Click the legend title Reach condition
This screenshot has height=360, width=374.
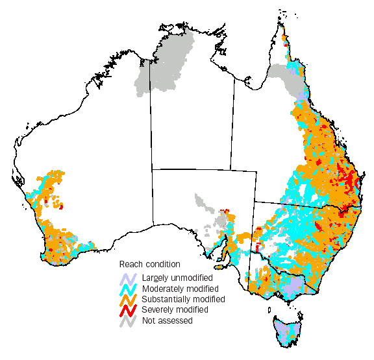(x=150, y=264)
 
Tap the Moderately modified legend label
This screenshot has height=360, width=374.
(x=180, y=289)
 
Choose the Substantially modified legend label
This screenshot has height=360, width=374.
(x=184, y=299)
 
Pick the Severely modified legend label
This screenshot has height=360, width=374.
(x=174, y=309)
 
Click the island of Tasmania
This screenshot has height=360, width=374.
(x=288, y=331)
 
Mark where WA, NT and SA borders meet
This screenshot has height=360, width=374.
(x=151, y=169)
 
